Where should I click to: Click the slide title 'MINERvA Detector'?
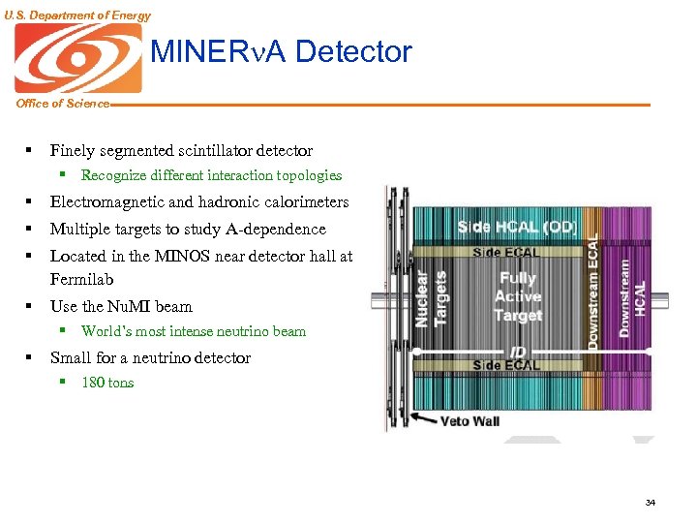pos(282,51)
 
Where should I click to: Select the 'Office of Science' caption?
pos(62,104)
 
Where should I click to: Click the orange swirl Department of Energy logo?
pos(77,57)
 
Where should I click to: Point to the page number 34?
pos(650,502)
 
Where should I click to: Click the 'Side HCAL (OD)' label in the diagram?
pos(517,226)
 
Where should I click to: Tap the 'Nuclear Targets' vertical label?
pos(431,298)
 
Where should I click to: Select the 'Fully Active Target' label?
pos(517,296)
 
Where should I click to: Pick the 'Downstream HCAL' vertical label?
pos(631,296)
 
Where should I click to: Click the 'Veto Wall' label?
pos(470,421)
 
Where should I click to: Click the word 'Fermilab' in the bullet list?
pos(81,279)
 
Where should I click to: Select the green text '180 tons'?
pos(107,383)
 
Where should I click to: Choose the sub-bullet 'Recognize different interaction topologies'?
pos(211,175)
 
